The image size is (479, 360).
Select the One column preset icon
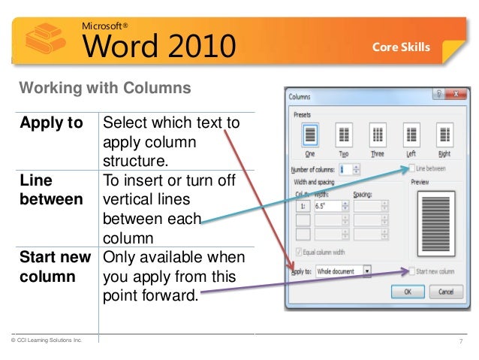click(x=310, y=135)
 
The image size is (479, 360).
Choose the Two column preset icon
click(x=345, y=135)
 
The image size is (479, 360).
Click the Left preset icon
click(x=411, y=135)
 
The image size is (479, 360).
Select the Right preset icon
click(x=445, y=135)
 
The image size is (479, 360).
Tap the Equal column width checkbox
click(x=300, y=252)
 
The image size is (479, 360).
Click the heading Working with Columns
click(x=104, y=88)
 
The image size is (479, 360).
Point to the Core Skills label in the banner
click(x=402, y=47)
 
